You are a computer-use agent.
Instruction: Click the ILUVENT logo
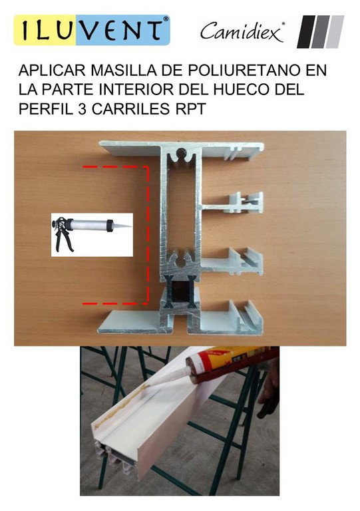click(92, 30)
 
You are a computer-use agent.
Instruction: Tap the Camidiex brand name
click(242, 32)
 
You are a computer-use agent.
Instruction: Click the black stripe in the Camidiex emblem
click(305, 32)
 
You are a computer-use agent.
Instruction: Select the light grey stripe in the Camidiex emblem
click(335, 32)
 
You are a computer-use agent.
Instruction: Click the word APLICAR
click(53, 71)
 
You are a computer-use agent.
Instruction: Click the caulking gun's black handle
click(63, 237)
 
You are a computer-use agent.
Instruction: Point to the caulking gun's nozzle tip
click(131, 226)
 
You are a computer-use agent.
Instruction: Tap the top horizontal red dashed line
click(116, 167)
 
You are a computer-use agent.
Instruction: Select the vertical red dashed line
click(148, 235)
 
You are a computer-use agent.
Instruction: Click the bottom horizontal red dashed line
click(116, 303)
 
